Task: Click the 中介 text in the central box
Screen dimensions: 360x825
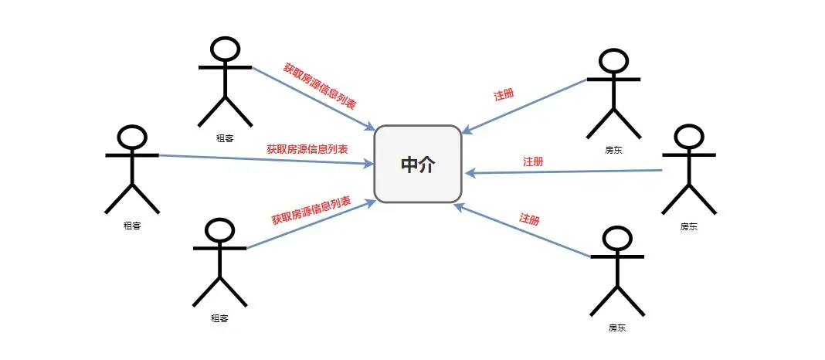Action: [418, 165]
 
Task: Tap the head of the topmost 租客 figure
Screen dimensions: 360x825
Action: [225, 50]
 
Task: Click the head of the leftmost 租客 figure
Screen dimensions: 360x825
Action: [132, 138]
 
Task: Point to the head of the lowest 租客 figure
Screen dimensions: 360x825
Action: [219, 230]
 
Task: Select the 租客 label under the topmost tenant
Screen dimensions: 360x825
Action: [225, 138]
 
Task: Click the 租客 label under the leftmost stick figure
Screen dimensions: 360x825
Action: [132, 226]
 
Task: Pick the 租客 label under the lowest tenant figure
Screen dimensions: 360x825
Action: [219, 318]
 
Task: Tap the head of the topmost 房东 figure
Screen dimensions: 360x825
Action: [613, 62]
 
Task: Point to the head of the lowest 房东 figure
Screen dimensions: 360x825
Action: [617, 239]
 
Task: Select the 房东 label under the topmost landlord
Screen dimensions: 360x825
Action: [613, 150]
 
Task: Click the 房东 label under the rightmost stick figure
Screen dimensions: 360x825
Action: [688, 226]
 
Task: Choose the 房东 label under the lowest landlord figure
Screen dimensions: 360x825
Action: [617, 328]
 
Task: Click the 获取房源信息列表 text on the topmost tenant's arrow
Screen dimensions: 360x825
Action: [319, 86]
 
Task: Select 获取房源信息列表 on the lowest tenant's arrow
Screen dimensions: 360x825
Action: [311, 209]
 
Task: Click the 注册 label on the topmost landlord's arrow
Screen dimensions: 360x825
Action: [504, 95]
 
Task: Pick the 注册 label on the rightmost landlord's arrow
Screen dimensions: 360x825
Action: [533, 161]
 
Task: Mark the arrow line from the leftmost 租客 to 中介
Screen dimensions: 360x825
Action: [263, 160]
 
